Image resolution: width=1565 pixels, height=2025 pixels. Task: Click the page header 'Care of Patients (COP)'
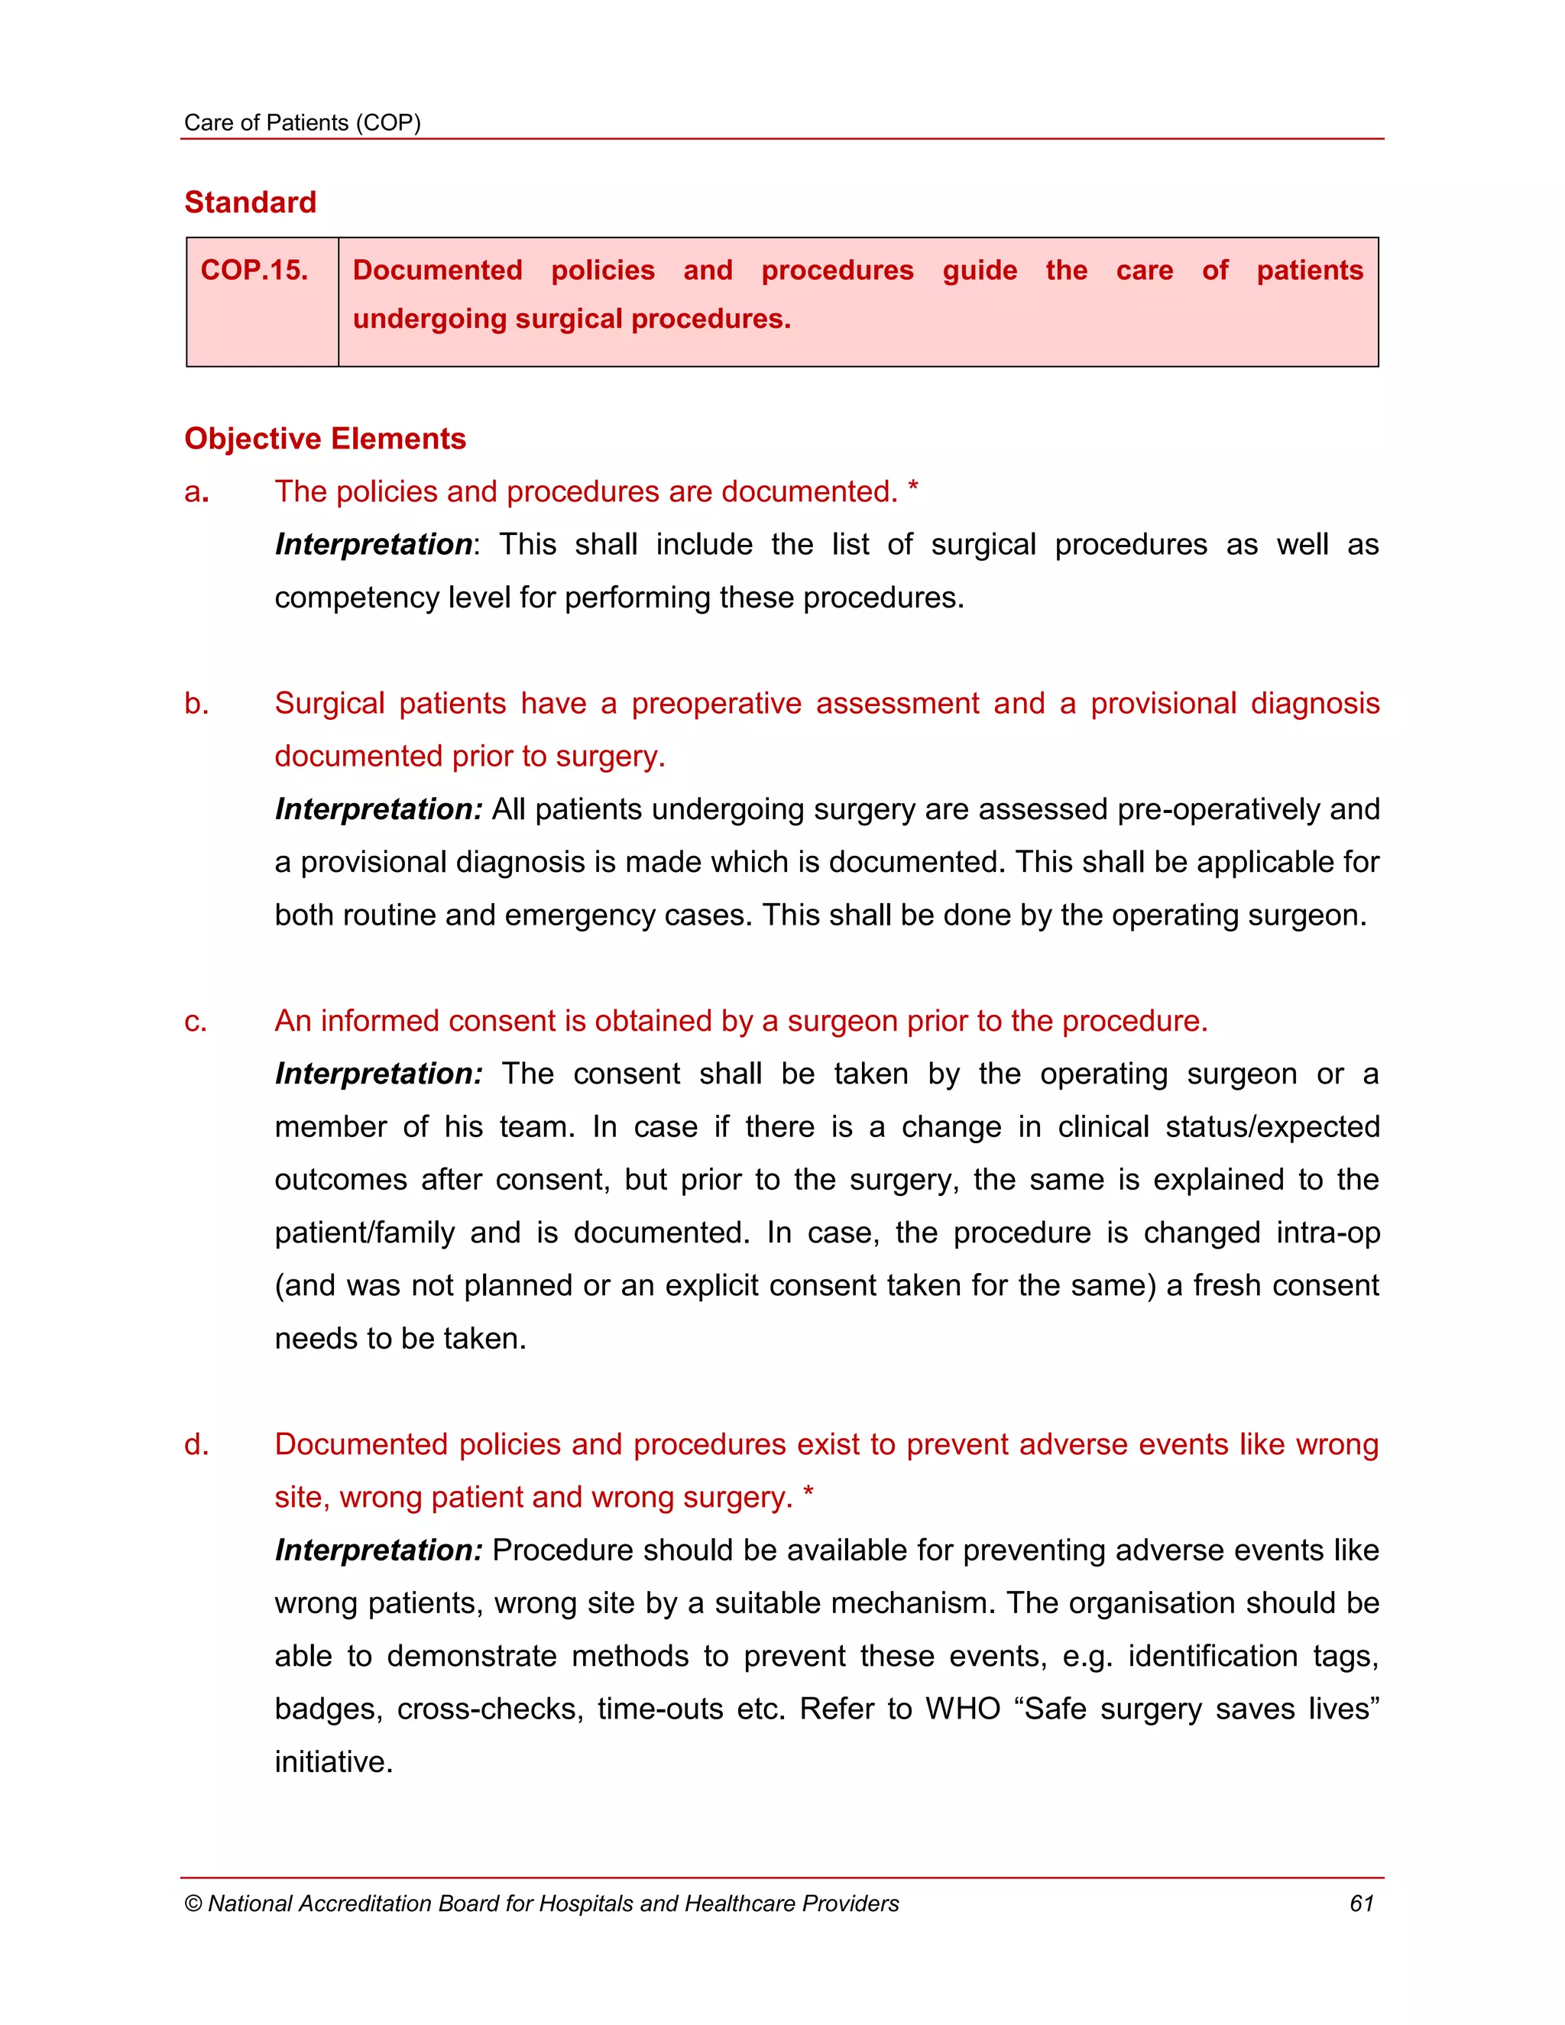click(303, 122)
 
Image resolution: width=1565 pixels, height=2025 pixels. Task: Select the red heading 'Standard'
click(251, 202)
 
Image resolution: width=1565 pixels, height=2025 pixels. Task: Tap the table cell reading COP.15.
click(254, 270)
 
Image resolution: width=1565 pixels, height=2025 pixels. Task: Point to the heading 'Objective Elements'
click(325, 439)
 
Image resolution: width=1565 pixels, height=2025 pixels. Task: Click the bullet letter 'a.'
click(196, 492)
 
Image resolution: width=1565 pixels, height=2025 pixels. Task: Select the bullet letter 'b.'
click(196, 704)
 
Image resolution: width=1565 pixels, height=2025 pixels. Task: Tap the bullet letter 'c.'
click(196, 1022)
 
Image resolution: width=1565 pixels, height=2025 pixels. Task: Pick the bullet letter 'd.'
click(196, 1444)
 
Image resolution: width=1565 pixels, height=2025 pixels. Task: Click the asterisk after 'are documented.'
click(913, 488)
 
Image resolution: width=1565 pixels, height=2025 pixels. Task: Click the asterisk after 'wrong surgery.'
click(808, 1493)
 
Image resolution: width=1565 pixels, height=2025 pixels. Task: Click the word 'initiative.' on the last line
click(334, 1761)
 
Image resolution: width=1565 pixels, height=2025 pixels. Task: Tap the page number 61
click(1361, 1904)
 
